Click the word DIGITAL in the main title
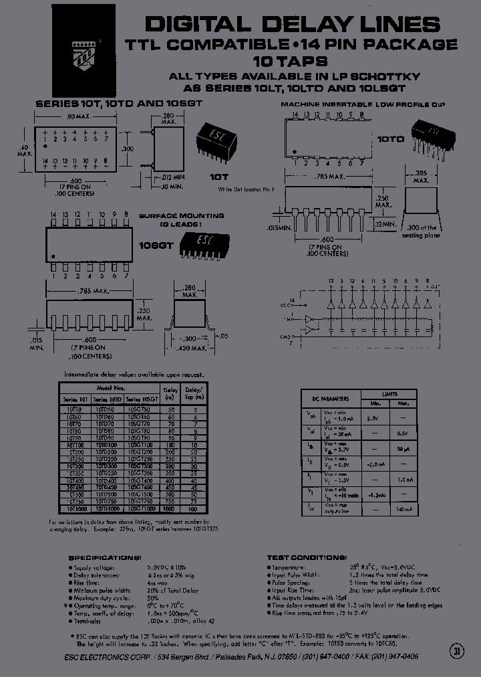[x=193, y=25]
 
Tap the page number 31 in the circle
[x=457, y=652]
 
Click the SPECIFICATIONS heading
[x=105, y=557]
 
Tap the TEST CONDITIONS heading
[x=306, y=557]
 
